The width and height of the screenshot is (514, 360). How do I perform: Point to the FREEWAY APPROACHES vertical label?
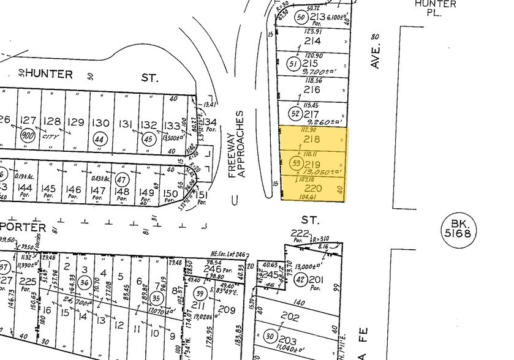pos(236,144)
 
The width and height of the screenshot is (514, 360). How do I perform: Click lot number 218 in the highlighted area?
pos(313,139)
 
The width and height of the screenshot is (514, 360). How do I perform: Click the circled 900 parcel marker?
pos(27,135)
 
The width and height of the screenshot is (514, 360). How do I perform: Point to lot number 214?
pos(313,41)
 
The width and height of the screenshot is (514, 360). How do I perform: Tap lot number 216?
pos(313,89)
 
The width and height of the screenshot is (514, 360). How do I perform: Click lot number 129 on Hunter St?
pos(76,122)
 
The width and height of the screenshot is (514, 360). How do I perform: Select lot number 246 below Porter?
pos(212,268)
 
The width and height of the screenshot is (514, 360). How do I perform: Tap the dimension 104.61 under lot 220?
pos(309,198)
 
